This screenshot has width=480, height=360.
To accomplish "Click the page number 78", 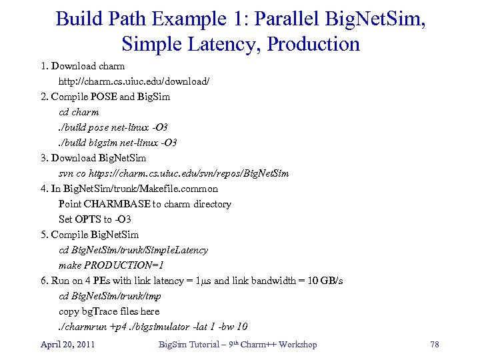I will (x=434, y=344).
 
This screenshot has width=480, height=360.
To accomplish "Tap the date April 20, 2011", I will (x=67, y=344).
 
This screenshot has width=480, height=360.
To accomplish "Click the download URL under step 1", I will (x=134, y=81).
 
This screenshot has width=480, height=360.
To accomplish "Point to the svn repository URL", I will (x=174, y=173).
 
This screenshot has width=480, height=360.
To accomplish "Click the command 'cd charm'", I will (x=79, y=112).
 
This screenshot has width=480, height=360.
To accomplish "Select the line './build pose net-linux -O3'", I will (x=113, y=127).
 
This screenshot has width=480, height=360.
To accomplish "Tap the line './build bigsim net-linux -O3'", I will (x=118, y=143).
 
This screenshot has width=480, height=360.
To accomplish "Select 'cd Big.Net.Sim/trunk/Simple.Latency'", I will (x=133, y=250).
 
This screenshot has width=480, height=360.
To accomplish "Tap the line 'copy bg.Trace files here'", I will (x=109, y=311).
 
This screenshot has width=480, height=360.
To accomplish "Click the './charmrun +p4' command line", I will (x=153, y=327).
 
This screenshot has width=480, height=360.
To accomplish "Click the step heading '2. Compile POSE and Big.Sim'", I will (x=105, y=97).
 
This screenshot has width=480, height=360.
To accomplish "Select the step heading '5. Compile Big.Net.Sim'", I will (x=89, y=235).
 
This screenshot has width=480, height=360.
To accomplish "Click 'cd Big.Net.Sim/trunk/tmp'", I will (x=110, y=296).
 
